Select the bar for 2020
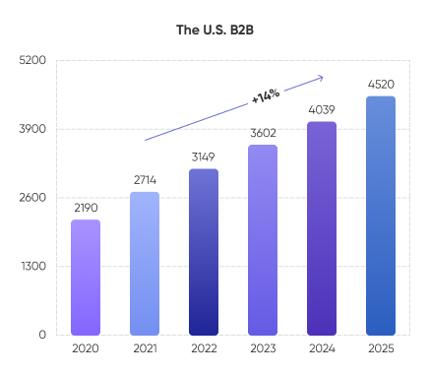[x=86, y=278]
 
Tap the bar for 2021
[x=145, y=264]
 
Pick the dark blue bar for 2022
[x=204, y=252]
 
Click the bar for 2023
[x=263, y=240]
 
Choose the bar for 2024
[x=322, y=228]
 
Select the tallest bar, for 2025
[x=381, y=216]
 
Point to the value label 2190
[x=86, y=207]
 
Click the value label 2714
[x=145, y=179]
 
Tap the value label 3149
[x=204, y=156]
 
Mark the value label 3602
[x=263, y=133]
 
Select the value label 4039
[x=322, y=109]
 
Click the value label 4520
[x=381, y=84]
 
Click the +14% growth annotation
[x=266, y=95]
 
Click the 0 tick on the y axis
[x=42, y=335]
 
